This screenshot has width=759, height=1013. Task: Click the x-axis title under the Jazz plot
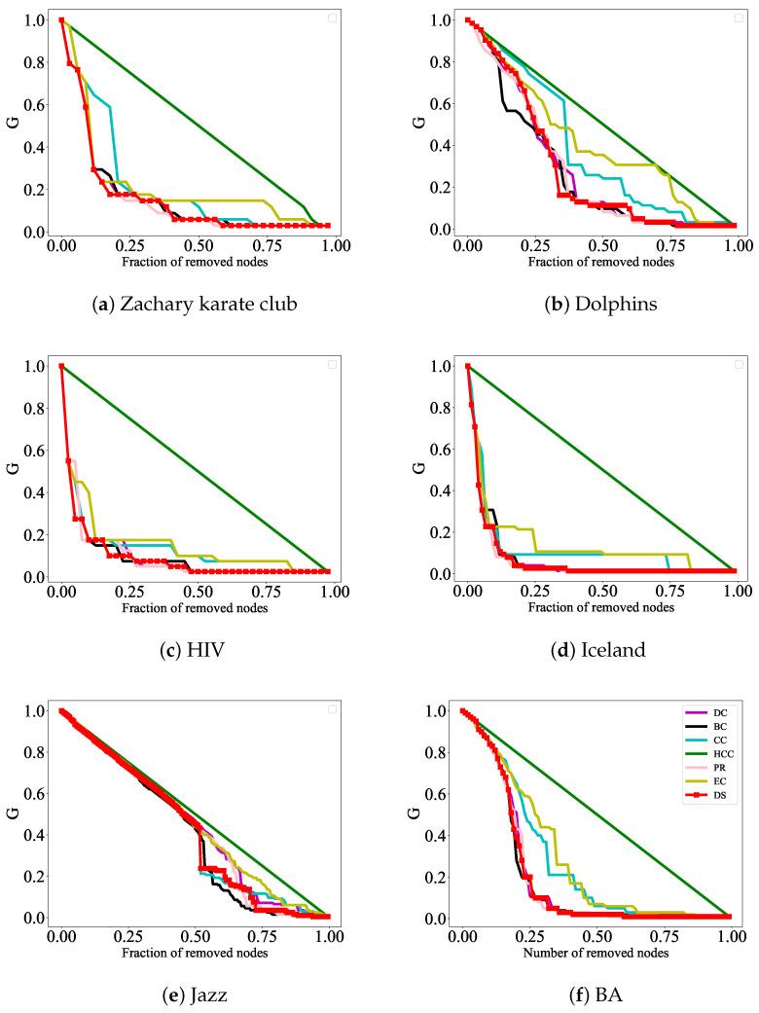(195, 954)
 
